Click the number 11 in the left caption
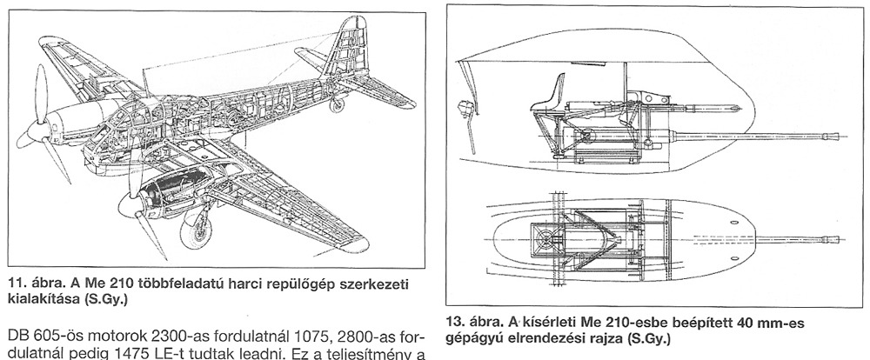(x=16, y=283)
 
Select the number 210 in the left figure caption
(x=113, y=283)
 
